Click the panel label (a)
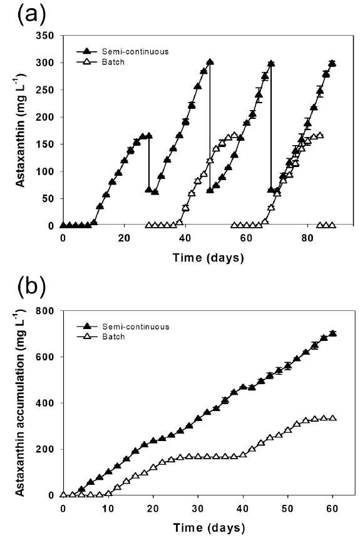31,15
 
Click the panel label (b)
31,287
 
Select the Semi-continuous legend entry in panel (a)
123,51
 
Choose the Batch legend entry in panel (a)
100,62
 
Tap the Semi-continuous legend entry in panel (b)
123,327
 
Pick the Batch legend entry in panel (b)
100,337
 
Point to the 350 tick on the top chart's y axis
44,36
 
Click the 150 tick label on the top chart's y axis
44,145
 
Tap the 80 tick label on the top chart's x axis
307,238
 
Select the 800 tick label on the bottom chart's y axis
44,311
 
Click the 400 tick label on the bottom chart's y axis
44,403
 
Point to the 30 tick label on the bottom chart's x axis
198,508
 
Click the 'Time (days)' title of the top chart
208,257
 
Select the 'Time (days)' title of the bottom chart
208,527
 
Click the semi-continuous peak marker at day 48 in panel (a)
210,62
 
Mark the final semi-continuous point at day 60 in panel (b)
332,333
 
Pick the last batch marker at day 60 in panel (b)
332,419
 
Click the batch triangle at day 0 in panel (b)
63,495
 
